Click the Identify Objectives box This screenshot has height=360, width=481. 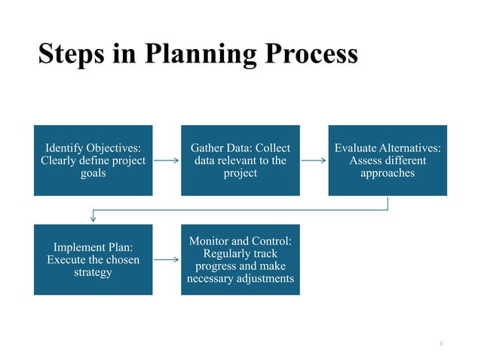tap(93, 160)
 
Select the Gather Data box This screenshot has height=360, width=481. tap(240, 160)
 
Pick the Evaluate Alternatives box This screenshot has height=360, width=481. tap(388, 160)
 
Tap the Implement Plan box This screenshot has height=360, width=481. tap(93, 259)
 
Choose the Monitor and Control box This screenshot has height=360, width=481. tap(240, 259)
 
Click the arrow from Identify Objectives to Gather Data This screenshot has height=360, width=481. tap(167, 160)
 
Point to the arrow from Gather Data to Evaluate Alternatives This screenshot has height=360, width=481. tap(314, 160)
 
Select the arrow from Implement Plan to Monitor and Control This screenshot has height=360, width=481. tap(167, 259)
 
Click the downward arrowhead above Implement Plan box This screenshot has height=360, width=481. tap(93, 218)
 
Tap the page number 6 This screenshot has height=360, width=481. tap(441, 343)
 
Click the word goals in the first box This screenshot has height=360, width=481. tap(93, 173)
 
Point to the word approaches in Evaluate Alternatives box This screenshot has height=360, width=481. tap(388, 173)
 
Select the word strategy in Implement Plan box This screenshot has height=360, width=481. tap(93, 272)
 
